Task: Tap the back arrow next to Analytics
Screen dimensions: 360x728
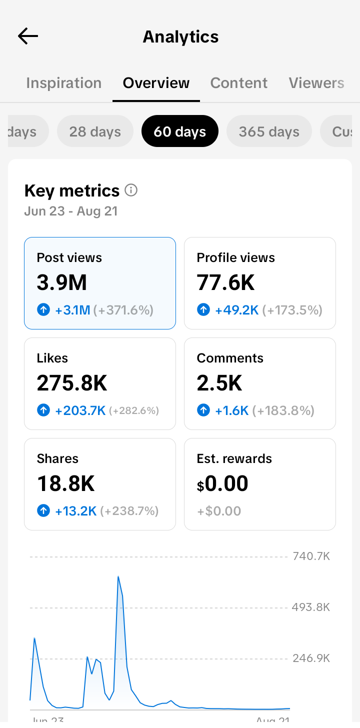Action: click(28, 36)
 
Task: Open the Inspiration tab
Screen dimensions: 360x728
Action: click(63, 83)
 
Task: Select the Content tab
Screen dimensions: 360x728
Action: click(239, 83)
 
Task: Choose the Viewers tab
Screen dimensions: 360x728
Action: click(316, 83)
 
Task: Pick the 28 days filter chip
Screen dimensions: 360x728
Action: click(95, 131)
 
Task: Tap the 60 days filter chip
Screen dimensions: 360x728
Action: click(179, 131)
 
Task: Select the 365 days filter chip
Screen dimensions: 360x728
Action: click(269, 131)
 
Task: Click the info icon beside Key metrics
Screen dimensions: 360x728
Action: click(131, 190)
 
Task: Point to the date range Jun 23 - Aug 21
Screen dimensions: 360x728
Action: click(71, 211)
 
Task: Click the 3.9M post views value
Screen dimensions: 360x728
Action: click(61, 282)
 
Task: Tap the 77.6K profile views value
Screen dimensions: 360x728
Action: click(225, 282)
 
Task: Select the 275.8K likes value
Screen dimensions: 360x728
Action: click(72, 382)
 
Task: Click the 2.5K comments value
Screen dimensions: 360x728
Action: click(219, 382)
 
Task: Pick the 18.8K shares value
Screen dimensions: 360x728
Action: click(65, 483)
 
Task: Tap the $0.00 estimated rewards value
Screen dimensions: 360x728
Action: click(222, 483)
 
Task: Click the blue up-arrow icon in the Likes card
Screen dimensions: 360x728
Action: click(43, 410)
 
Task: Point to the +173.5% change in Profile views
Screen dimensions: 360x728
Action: click(292, 310)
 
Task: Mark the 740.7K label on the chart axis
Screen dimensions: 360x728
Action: click(311, 556)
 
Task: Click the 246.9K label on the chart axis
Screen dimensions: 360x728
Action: click(311, 658)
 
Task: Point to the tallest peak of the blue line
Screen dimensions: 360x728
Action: click(118, 576)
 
